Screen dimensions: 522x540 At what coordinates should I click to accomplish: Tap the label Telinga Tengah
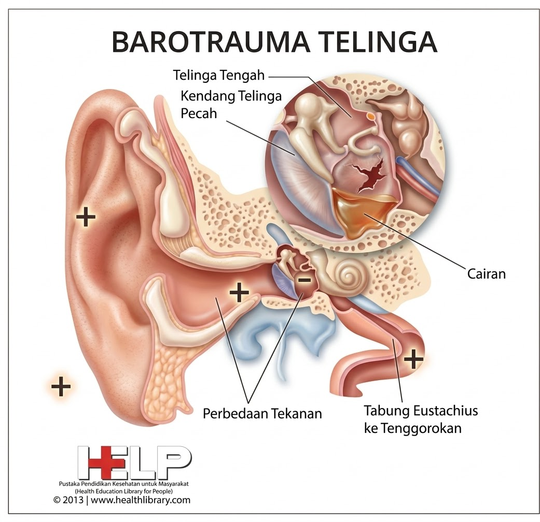219,76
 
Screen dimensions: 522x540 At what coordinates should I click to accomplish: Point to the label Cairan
485,273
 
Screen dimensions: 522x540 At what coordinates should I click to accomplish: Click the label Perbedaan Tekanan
262,414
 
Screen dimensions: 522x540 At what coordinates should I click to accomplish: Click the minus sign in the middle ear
304,280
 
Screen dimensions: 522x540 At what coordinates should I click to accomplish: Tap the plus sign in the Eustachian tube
413,358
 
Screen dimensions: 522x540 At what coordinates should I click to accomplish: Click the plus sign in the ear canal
239,293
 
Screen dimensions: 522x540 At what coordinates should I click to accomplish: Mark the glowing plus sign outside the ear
61,386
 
